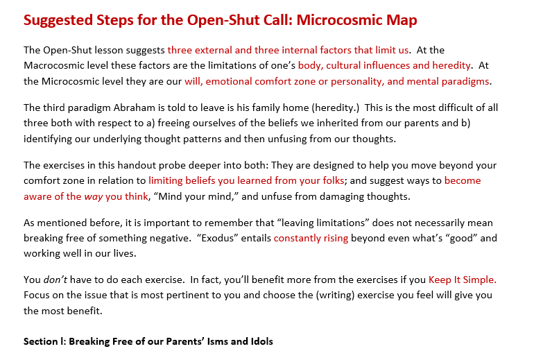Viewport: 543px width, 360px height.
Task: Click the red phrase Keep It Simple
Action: tap(462, 280)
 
